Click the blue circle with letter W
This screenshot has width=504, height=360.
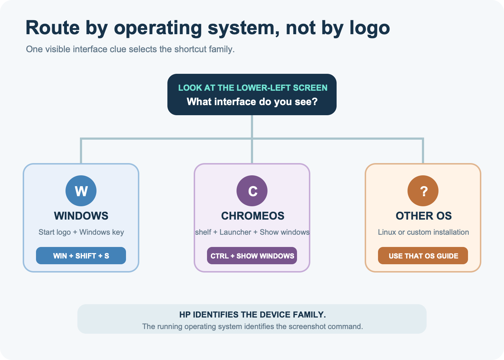pyautogui.click(x=81, y=191)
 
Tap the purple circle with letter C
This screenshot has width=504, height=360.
pyautogui.click(x=252, y=191)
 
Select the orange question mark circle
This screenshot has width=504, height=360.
pyautogui.click(x=423, y=191)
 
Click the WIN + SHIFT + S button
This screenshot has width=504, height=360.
pyautogui.click(x=81, y=256)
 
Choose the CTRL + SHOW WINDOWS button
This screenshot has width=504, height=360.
pyautogui.click(x=252, y=256)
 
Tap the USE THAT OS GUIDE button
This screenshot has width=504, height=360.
pyautogui.click(x=423, y=256)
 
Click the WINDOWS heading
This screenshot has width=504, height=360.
pyautogui.click(x=81, y=216)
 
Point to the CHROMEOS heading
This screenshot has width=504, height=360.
pyautogui.click(x=253, y=216)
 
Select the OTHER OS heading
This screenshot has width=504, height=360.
pyautogui.click(x=424, y=216)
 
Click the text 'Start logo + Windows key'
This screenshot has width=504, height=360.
pyautogui.click(x=81, y=232)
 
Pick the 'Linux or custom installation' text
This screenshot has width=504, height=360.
pyautogui.click(x=423, y=232)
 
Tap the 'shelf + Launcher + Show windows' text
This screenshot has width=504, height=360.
pyautogui.click(x=252, y=232)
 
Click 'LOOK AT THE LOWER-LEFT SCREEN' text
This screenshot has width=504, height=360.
pyautogui.click(x=253, y=88)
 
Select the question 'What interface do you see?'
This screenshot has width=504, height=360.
pyautogui.click(x=252, y=102)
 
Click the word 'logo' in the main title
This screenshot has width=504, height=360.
pyautogui.click(x=370, y=28)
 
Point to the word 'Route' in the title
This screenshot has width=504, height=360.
pyautogui.click(x=53, y=28)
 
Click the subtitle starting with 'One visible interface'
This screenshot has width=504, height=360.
pyautogui.click(x=130, y=49)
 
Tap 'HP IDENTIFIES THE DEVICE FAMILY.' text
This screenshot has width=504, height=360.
pyautogui.click(x=252, y=315)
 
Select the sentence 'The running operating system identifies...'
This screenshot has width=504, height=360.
pyautogui.click(x=252, y=327)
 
